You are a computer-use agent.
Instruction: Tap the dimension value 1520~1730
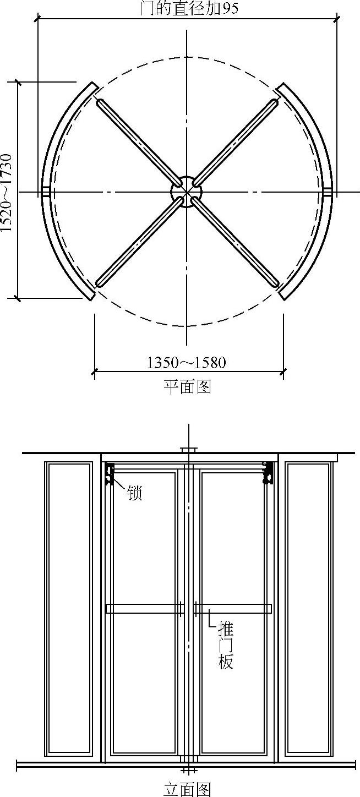tap(7, 193)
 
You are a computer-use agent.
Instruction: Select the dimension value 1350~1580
tap(187, 363)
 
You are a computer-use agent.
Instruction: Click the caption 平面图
tap(188, 387)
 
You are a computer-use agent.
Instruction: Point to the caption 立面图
tap(188, 789)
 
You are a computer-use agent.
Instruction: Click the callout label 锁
tap(135, 494)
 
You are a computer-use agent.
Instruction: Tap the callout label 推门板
tap(226, 645)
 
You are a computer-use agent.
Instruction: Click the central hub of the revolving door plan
tap(186, 192)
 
